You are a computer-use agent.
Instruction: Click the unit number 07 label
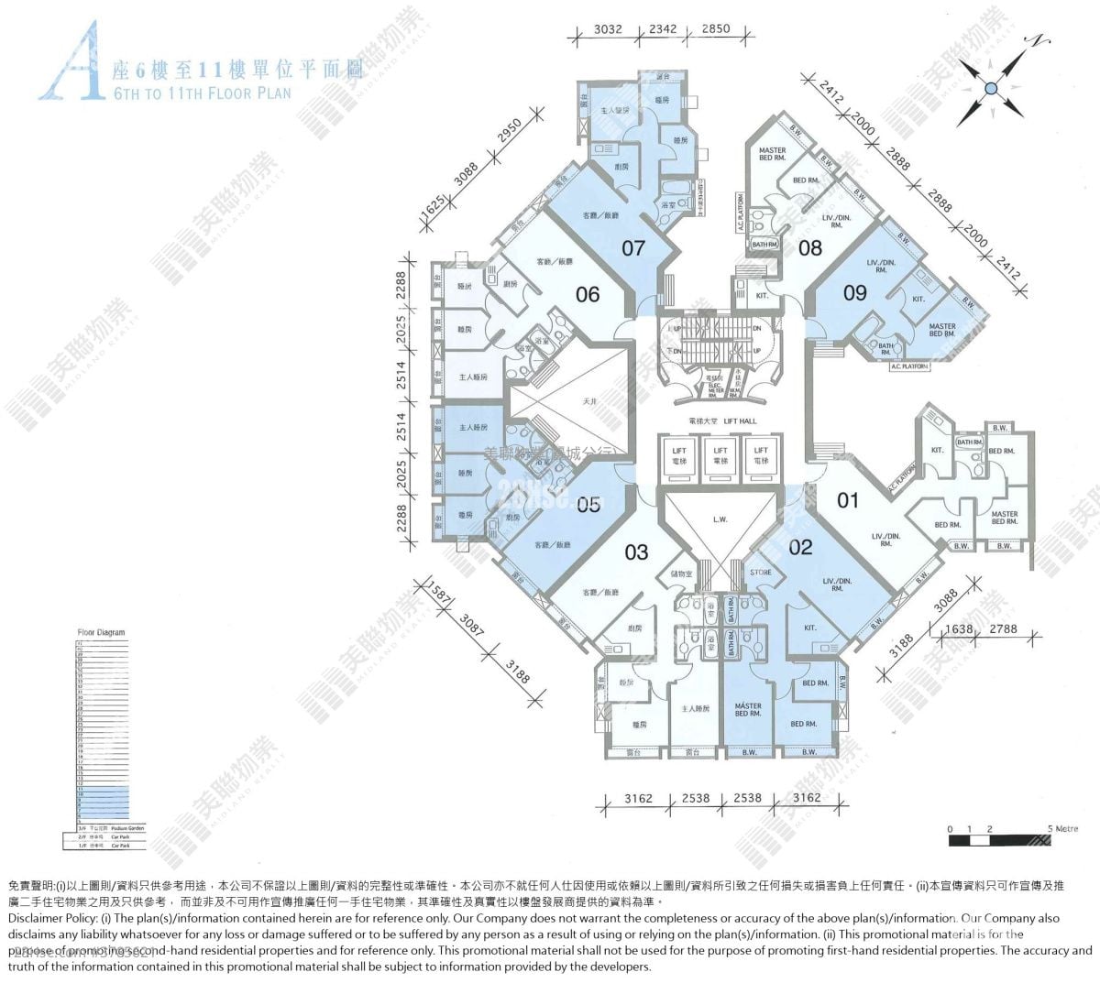633,247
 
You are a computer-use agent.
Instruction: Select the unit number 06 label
587,294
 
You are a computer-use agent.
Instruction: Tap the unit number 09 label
854,292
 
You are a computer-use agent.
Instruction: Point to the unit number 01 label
848,500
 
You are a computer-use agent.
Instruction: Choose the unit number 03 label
636,552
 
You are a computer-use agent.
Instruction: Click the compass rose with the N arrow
991,88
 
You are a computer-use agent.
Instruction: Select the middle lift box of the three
720,455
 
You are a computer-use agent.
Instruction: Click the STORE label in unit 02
761,573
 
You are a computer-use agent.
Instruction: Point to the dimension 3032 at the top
608,29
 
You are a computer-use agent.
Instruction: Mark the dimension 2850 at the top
716,29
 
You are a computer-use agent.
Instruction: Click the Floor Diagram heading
101,633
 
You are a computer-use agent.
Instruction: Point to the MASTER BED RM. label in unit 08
772,154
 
